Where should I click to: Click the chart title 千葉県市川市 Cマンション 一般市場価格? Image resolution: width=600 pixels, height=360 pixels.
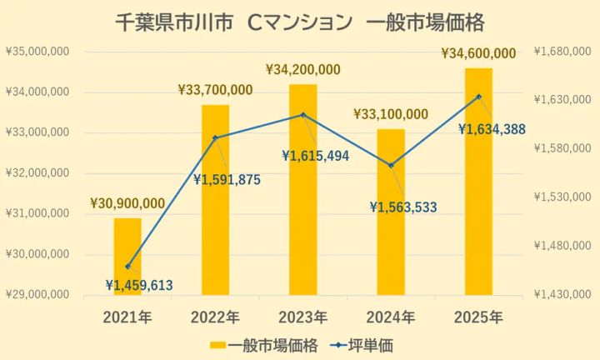tap(300, 20)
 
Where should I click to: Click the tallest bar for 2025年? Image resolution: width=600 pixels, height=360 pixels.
tap(478, 183)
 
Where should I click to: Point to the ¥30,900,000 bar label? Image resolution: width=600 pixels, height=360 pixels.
tap(127, 203)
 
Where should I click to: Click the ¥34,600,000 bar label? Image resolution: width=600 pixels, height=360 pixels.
tap(478, 53)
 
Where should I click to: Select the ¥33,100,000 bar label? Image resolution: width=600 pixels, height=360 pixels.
tap(391, 114)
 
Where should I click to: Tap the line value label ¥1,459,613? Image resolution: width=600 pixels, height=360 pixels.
tap(139, 285)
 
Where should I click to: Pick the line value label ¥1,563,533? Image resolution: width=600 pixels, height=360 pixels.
tap(404, 207)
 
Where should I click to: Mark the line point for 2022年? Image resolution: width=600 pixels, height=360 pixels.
tap(215, 137)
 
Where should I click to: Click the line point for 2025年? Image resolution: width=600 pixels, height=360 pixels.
tap(478, 97)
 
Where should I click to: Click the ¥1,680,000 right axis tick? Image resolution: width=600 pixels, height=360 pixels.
tap(562, 52)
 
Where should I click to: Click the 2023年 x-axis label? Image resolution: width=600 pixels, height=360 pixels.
tap(303, 317)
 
